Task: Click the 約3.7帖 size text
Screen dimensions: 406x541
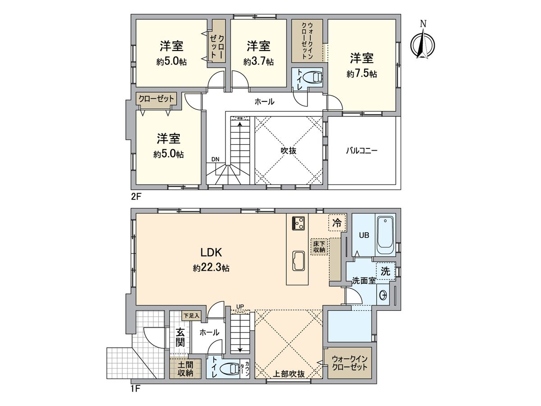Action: point(258,62)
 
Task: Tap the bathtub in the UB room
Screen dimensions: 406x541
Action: point(385,235)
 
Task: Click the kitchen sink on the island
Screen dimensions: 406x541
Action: point(299,261)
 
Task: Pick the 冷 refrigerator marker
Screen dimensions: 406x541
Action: point(337,222)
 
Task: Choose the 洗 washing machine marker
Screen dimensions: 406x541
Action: point(385,271)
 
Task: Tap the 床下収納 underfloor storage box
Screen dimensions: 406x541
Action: point(319,246)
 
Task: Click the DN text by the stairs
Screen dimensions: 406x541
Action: point(215,159)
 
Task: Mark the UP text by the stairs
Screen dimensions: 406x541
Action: point(240,307)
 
